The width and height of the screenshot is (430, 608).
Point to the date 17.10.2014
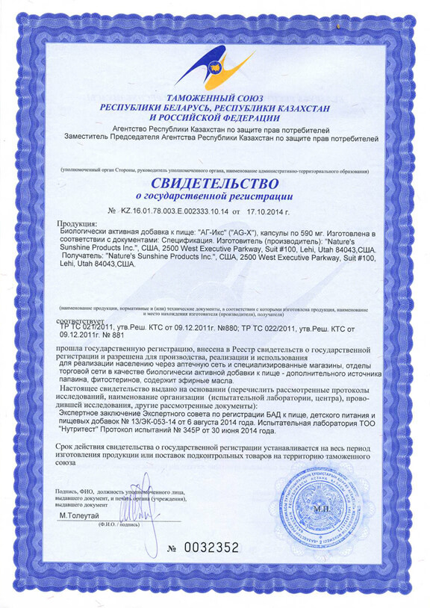click(273, 210)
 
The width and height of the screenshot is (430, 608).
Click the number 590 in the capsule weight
click(292, 232)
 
